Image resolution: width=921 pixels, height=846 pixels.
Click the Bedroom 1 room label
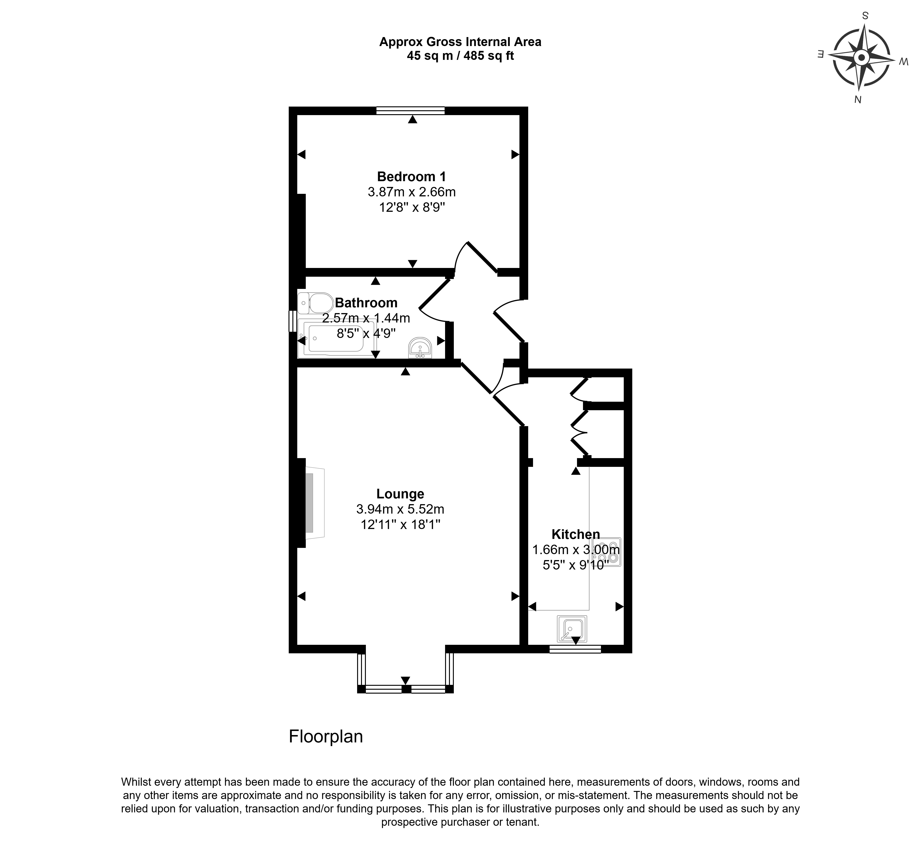[411, 176]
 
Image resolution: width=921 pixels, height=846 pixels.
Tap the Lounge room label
[400, 494]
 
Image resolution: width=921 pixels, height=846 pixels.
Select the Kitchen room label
[576, 534]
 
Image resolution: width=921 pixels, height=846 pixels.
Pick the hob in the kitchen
[607, 552]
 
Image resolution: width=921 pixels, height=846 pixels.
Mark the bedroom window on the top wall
[410, 110]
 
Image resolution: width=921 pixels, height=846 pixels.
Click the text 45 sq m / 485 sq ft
[460, 56]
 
